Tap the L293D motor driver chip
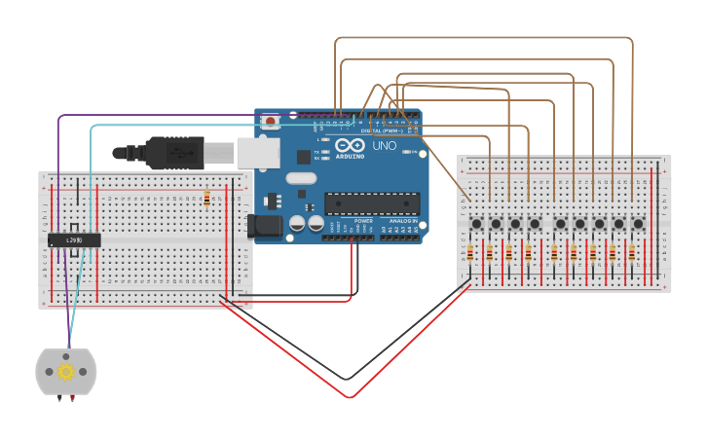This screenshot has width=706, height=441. pyautogui.click(x=74, y=239)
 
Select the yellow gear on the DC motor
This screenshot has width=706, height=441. pyautogui.click(x=66, y=371)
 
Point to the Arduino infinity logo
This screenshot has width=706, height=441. pyautogui.click(x=350, y=146)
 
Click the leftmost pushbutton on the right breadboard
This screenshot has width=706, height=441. pyautogui.click(x=476, y=224)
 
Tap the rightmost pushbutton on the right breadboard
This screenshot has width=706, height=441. pyautogui.click(x=638, y=224)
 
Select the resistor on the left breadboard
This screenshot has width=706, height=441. pyautogui.click(x=206, y=199)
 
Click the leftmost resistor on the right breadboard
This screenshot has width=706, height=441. pyautogui.click(x=470, y=254)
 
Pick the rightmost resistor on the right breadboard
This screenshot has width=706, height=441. pyautogui.click(x=631, y=254)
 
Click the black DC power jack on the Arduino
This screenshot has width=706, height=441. pyautogui.click(x=264, y=226)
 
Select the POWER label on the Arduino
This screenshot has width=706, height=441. pyautogui.click(x=363, y=221)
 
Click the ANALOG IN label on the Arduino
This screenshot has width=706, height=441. pyautogui.click(x=403, y=221)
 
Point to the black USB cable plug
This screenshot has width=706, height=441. pyautogui.click(x=174, y=153)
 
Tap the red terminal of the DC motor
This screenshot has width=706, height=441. pyautogui.click(x=74, y=397)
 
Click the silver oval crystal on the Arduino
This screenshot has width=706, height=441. pyautogui.click(x=302, y=177)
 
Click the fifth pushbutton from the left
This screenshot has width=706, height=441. pyautogui.click(x=559, y=224)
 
